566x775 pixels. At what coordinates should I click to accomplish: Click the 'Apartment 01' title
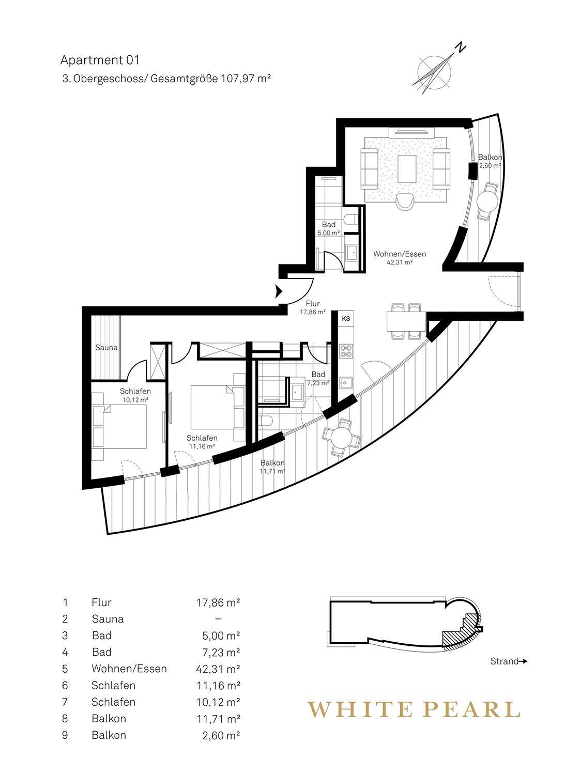(100, 60)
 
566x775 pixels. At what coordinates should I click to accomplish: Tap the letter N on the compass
(461, 48)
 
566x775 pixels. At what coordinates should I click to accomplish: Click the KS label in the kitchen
(346, 319)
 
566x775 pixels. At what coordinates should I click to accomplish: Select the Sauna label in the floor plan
(106, 348)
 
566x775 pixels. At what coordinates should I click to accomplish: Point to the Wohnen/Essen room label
(400, 254)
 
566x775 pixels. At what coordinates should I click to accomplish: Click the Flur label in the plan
(313, 304)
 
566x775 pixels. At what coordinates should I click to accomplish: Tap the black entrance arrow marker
(278, 291)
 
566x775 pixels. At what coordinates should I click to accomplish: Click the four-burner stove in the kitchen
(346, 351)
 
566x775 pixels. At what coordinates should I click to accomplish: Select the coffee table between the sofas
(406, 169)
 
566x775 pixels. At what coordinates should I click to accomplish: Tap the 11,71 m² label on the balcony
(272, 471)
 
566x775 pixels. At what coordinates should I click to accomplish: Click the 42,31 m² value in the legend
(218, 669)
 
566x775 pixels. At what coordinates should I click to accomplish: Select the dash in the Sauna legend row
(218, 619)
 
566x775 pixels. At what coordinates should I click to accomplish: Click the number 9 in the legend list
(65, 735)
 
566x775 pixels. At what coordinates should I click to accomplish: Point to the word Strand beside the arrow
(504, 661)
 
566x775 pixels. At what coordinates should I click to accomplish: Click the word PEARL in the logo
(472, 709)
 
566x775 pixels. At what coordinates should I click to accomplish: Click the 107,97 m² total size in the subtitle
(246, 79)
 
